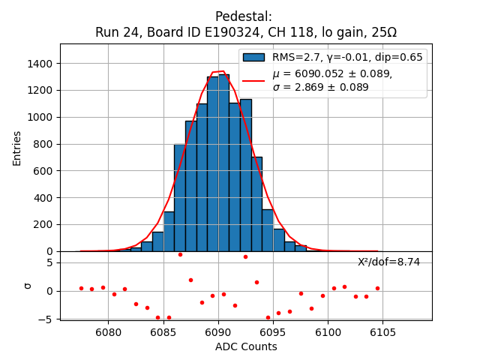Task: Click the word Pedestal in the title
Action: coord(243,16)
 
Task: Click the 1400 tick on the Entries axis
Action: coord(42,64)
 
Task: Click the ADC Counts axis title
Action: coord(246,346)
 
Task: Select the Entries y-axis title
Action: coord(17,148)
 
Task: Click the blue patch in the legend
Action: coord(253,57)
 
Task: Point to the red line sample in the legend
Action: coord(253,80)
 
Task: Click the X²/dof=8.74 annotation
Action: coord(388,262)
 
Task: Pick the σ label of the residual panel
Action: coord(28,286)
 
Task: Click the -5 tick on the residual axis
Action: coord(46,319)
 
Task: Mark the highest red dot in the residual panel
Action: coord(180,254)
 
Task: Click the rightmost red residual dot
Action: coord(377,288)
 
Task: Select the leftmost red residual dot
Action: coord(81,288)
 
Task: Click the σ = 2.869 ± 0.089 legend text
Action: coord(320,87)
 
